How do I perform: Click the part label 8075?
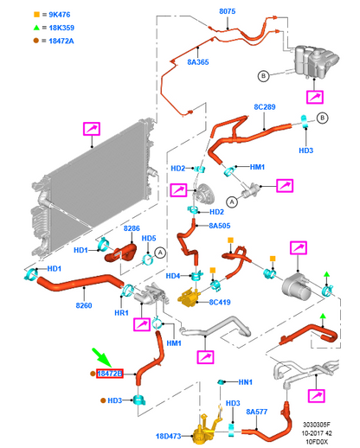[x=228, y=11]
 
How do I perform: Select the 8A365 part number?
[x=198, y=62]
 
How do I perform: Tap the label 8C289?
[x=265, y=107]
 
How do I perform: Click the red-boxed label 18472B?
[x=110, y=374]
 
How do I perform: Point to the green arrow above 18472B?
[x=102, y=358]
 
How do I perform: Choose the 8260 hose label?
[x=84, y=305]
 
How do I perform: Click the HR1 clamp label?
[x=121, y=313]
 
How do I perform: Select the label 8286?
[x=132, y=228]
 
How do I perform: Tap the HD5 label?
[x=149, y=238]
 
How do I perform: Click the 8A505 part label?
[x=220, y=226]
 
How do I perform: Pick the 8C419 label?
[x=220, y=302]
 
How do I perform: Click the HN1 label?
[x=246, y=382]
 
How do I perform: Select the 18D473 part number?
[x=169, y=436]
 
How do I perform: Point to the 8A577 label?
[x=257, y=412]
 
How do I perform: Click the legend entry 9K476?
[x=60, y=15]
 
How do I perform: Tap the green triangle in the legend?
[x=36, y=28]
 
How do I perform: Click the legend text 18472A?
[x=61, y=41]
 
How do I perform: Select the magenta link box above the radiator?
[x=92, y=129]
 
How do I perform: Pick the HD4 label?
[x=173, y=276]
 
